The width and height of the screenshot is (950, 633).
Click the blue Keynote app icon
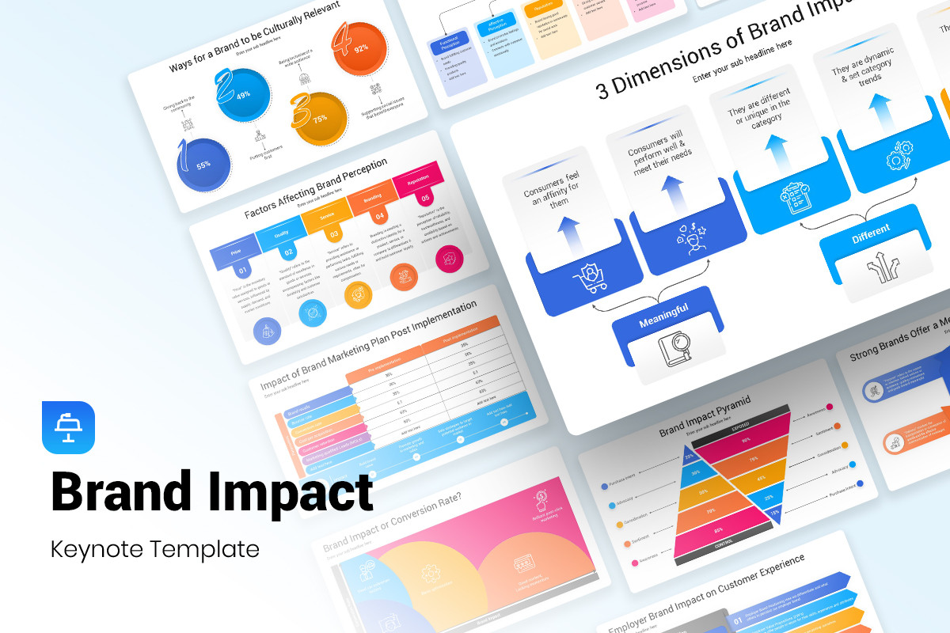pyautogui.click(x=68, y=428)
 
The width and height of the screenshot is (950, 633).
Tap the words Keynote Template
pyautogui.click(x=155, y=548)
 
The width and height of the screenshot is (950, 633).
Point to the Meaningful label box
pyautogui.click(x=663, y=309)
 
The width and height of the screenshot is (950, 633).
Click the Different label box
pyautogui.click(x=871, y=229)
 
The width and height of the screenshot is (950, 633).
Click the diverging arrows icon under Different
pyautogui.click(x=879, y=268)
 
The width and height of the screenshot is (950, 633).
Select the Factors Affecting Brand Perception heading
pyautogui.click(x=315, y=188)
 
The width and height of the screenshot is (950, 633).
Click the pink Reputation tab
pyautogui.click(x=416, y=180)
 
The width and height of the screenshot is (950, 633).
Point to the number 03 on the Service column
pyautogui.click(x=333, y=233)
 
